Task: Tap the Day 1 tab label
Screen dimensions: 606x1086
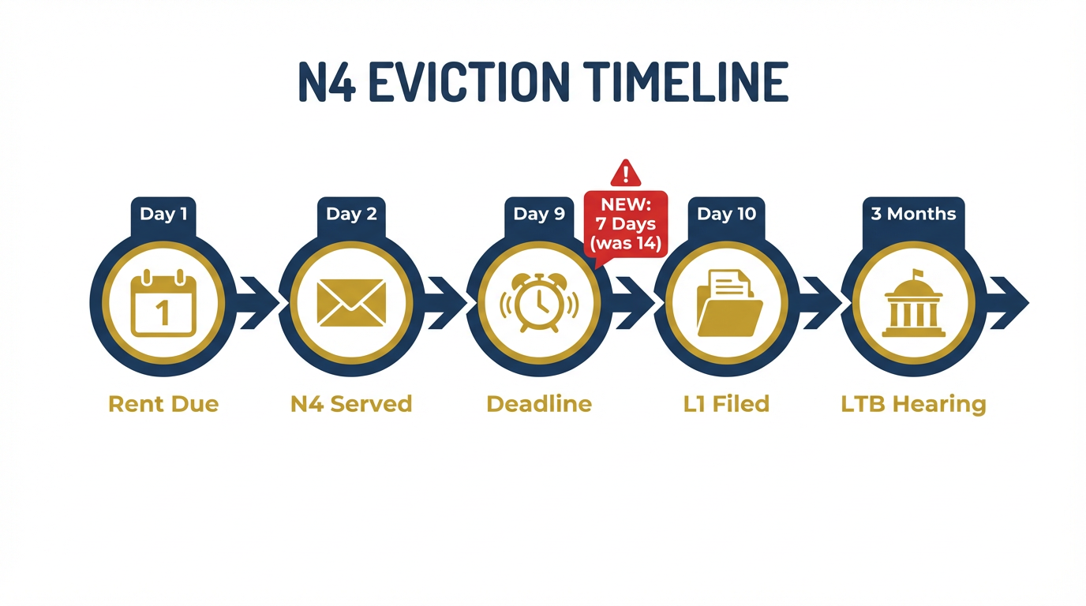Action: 163,214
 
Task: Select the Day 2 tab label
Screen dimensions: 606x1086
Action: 351,214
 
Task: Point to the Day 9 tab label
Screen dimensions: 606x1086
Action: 539,214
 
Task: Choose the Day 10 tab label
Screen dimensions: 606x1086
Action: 726,214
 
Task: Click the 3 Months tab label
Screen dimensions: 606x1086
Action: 913,214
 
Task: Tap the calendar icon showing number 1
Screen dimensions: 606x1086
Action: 163,304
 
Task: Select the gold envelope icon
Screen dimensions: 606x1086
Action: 351,304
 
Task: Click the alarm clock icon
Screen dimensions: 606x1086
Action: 539,304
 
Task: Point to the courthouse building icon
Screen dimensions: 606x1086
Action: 913,304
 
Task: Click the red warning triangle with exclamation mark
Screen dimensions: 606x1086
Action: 626,173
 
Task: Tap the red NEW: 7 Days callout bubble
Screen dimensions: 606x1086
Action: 626,223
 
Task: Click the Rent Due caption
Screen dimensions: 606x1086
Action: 163,404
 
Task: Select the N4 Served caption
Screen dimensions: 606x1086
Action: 351,404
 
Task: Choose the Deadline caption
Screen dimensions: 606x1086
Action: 539,404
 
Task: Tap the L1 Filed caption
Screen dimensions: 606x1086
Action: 726,404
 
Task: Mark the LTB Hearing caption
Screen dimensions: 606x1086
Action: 913,404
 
